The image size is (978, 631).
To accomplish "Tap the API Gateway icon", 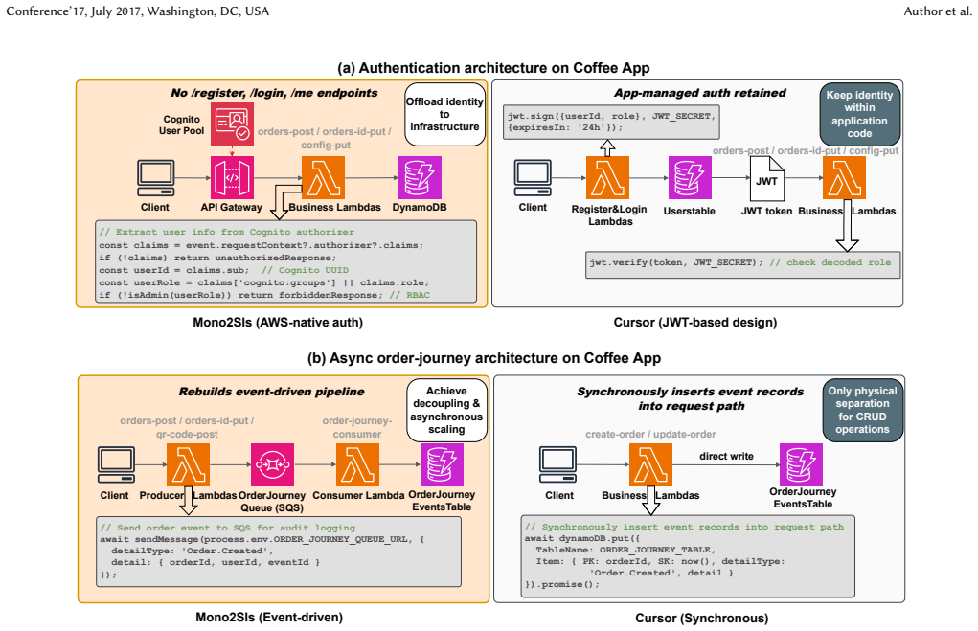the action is [232, 178].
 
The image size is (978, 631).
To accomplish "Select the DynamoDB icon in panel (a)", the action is [420, 178].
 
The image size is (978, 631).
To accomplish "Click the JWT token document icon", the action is [767, 178].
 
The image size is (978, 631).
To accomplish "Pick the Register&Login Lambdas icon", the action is [607, 178].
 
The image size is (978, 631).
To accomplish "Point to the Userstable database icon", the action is [690, 178].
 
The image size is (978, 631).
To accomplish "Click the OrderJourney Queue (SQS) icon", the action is [273, 464].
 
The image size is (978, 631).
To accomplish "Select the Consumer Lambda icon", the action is [357, 464].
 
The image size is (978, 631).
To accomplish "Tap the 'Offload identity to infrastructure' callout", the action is [444, 114].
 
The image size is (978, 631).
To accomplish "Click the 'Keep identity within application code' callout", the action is [859, 114].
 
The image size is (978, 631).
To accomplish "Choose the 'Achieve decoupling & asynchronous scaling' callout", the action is [446, 410].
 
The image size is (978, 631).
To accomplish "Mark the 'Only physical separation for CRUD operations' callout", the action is [863, 410].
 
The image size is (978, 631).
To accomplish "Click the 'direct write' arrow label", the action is [726, 456].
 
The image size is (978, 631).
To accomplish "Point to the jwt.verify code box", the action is [743, 264].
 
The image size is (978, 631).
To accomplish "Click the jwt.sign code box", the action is [611, 123].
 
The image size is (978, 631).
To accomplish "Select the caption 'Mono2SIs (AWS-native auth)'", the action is [278, 323].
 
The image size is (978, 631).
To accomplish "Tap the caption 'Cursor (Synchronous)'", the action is [702, 618].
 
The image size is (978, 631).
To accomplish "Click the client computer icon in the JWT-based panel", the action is [533, 178].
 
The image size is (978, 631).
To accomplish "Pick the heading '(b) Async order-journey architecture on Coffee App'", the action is [484, 358].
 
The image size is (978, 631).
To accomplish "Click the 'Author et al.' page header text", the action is [938, 11].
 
